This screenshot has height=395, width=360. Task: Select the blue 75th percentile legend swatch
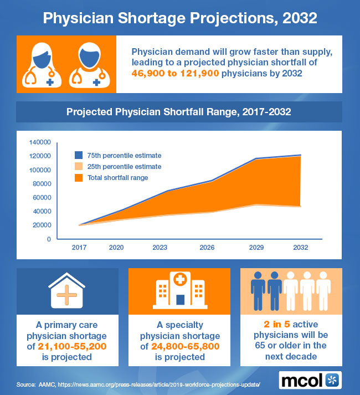[x=79, y=155]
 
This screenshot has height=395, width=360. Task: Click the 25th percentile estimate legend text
[x=125, y=166]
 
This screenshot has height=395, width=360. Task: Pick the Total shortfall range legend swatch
[x=79, y=177]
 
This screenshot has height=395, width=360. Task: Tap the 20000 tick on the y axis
[x=42, y=225]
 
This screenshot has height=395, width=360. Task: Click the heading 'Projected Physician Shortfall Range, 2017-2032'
[x=179, y=111]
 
